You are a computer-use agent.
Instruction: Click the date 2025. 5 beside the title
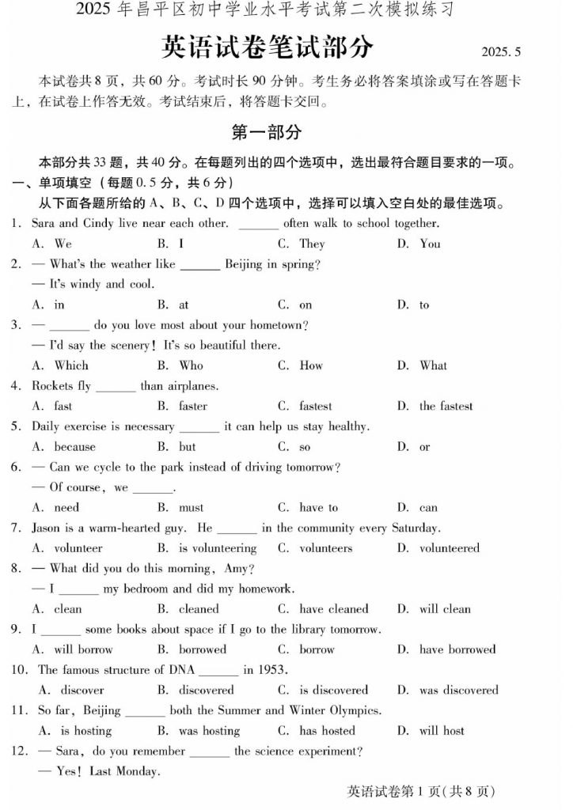(501, 52)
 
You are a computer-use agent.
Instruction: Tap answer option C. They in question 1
(302, 244)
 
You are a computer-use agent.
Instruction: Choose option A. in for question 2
(48, 305)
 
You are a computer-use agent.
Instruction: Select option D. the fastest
(434, 407)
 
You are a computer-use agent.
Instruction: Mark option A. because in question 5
(63, 447)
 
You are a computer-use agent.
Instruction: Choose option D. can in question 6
(417, 508)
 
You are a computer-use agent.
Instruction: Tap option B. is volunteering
(207, 548)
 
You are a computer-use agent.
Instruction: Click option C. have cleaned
(323, 609)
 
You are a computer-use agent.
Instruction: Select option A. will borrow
(72, 649)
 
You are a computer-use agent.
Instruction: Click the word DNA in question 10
(180, 670)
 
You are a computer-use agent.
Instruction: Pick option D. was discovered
(448, 690)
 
